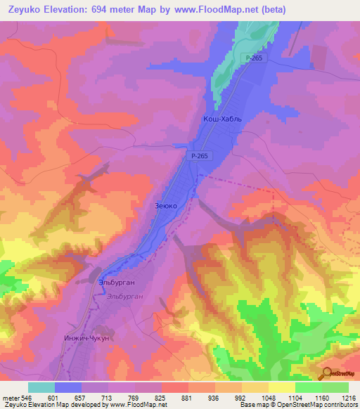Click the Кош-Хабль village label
click(222, 119)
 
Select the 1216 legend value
click(348, 397)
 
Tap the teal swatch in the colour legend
click(41, 387)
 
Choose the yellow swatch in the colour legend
click(281, 387)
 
